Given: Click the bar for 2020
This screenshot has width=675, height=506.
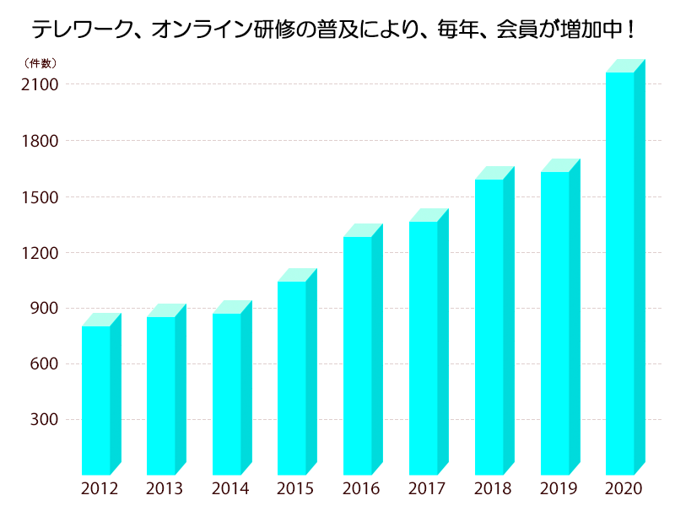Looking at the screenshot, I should pos(620,274).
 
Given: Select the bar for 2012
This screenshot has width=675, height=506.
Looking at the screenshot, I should pos(95,401).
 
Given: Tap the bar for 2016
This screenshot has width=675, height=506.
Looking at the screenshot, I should pos(358,356).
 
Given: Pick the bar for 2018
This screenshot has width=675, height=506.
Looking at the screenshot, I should pos(489,327).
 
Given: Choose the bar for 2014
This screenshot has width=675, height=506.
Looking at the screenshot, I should pos(226,394).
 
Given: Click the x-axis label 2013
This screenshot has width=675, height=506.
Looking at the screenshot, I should pos(165,489).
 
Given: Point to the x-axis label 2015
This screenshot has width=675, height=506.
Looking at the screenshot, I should pos(295,489).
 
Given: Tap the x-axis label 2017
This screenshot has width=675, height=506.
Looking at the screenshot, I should pos(427,489).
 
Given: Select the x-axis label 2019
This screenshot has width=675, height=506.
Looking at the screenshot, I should pos(559,489).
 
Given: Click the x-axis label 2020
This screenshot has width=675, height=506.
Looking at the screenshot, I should pos(624,489).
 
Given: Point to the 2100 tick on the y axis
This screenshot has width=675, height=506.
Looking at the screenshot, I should pos(40,84).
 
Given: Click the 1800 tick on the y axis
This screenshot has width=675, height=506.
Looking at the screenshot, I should pos(40,141).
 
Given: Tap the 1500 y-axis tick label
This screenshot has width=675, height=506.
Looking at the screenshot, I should pos(40,196).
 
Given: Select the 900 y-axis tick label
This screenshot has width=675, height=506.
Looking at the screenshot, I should pos(44,309).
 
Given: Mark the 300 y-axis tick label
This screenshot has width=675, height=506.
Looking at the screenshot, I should pos(44,420).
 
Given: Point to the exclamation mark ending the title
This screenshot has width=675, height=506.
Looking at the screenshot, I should pos(631,30).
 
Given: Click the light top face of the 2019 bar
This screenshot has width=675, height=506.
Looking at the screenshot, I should pos(560,165).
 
